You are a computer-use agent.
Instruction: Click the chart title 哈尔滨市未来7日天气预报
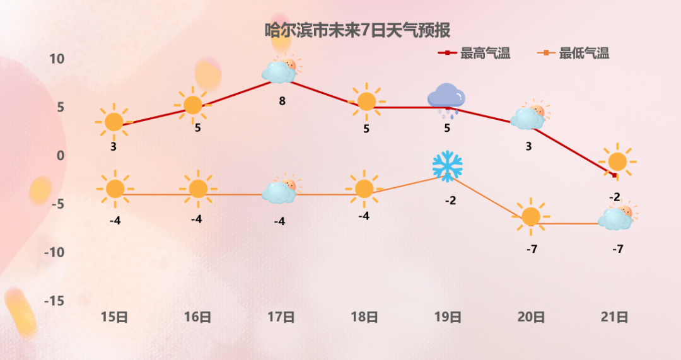pyautogui.click(x=358, y=30)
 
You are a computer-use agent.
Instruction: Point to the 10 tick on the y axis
pyautogui.click(x=57, y=59)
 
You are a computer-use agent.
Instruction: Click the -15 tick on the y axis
pyautogui.click(x=54, y=301)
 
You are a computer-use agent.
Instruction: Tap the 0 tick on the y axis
pyautogui.click(x=61, y=156)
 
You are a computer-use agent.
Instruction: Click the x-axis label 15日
pyautogui.click(x=114, y=317)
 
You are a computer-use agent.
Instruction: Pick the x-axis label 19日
pyautogui.click(x=448, y=317)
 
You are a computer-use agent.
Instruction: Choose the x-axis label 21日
pyautogui.click(x=615, y=317)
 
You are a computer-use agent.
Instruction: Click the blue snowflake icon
pyautogui.click(x=447, y=166)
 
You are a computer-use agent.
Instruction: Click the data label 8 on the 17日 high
pyautogui.click(x=282, y=101)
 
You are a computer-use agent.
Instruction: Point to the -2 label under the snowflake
pyautogui.click(x=451, y=200)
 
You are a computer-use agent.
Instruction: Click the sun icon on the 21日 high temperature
pyautogui.click(x=617, y=161)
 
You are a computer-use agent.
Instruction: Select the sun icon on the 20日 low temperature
pyautogui.click(x=531, y=216)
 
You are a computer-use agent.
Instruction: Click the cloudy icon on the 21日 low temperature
pyautogui.click(x=617, y=216)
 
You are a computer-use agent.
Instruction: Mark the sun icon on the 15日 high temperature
pyautogui.click(x=113, y=122)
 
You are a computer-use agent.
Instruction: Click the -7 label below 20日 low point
pyautogui.click(x=532, y=249)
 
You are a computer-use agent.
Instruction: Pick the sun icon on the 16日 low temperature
pyautogui.click(x=198, y=189)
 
